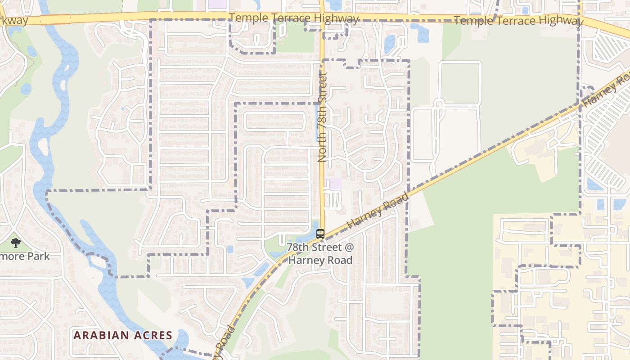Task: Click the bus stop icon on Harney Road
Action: (320, 234)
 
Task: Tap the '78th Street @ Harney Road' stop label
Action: (320, 253)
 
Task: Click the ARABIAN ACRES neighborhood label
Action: (123, 335)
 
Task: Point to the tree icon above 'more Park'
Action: (16, 243)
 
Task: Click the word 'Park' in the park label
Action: (38, 256)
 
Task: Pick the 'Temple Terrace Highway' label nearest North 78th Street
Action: (293, 18)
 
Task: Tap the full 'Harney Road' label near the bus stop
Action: (378, 210)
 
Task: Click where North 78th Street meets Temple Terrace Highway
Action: (322, 16)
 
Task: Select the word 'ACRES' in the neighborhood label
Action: (152, 335)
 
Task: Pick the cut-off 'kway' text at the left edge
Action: (13, 21)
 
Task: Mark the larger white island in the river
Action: (43, 147)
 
